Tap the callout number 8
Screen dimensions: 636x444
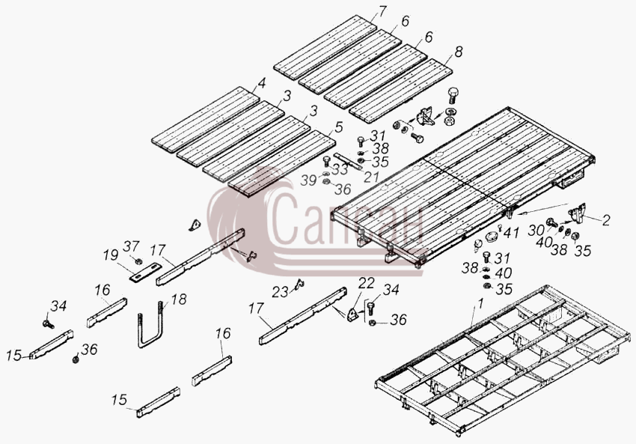click(459, 52)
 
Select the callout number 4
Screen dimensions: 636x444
click(262, 83)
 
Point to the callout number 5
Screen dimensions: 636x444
click(339, 127)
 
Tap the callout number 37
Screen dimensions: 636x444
click(132, 246)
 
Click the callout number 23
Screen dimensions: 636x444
click(281, 292)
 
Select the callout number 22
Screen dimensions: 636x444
click(366, 283)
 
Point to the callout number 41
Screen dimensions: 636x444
click(511, 233)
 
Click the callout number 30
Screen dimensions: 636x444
click(536, 231)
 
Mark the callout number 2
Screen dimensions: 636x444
click(606, 220)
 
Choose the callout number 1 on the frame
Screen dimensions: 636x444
click(480, 303)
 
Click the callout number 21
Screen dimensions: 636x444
click(371, 177)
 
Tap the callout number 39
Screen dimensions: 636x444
click(308, 180)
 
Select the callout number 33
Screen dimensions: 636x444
click(340, 169)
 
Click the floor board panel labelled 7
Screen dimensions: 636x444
click(325, 47)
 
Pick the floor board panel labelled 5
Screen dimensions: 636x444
click(281, 163)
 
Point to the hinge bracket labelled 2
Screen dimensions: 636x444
click(577, 213)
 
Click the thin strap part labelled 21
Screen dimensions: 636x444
click(348, 161)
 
